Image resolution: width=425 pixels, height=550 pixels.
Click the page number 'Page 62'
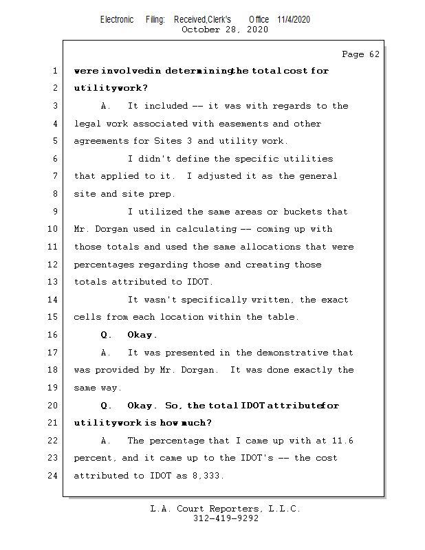tap(360, 54)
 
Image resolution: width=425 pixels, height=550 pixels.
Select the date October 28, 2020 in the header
tap(224, 30)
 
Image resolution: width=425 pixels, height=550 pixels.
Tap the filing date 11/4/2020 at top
tap(294, 19)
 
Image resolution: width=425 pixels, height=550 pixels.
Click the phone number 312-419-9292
tap(226, 519)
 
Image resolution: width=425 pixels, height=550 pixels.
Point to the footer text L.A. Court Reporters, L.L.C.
tap(225, 509)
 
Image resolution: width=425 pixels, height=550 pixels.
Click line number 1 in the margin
tap(54, 71)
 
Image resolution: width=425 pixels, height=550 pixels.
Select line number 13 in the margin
tap(52, 282)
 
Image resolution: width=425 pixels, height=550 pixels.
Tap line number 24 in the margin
tap(52, 475)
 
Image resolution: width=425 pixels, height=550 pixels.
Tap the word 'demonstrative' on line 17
tap(294, 353)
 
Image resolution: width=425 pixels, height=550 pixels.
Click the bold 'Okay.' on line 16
tap(142, 335)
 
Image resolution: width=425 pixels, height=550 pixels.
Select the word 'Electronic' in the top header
tap(117, 19)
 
